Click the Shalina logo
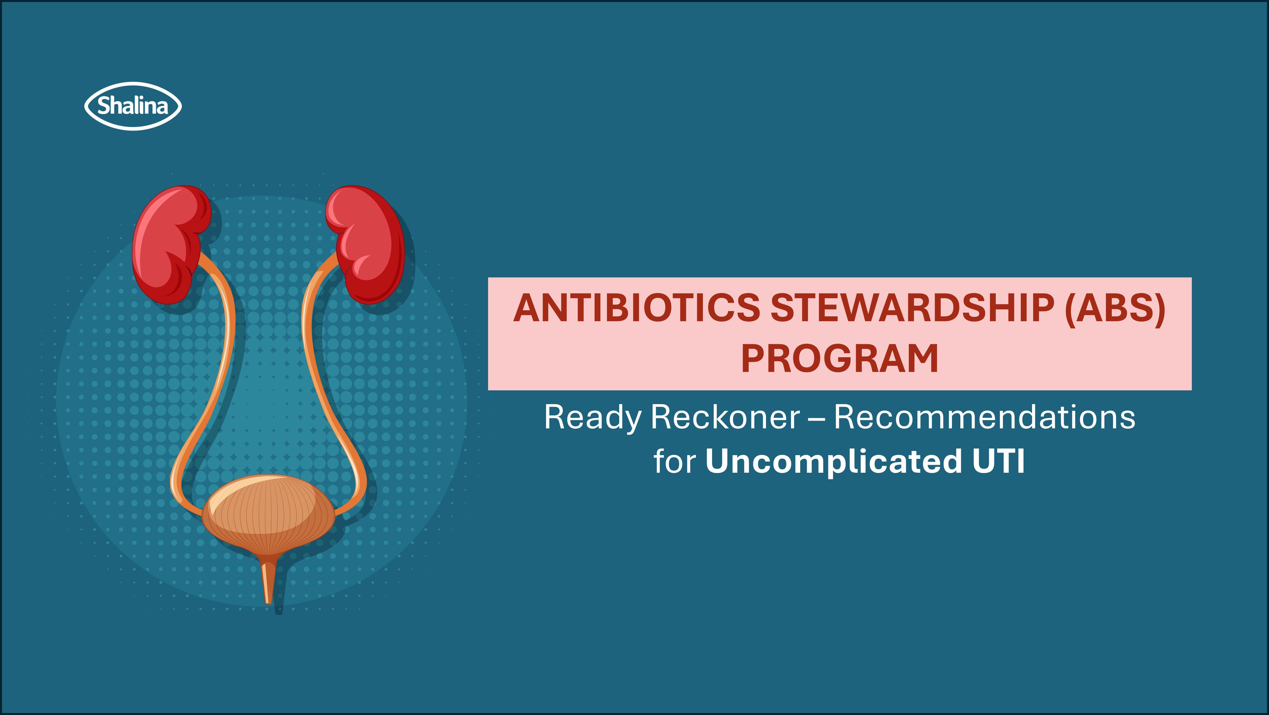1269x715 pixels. [x=133, y=106]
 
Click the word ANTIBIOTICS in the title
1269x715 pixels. [x=637, y=309]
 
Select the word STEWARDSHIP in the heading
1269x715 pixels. [x=912, y=309]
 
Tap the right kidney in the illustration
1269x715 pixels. [x=365, y=244]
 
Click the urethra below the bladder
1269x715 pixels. [x=268, y=581]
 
